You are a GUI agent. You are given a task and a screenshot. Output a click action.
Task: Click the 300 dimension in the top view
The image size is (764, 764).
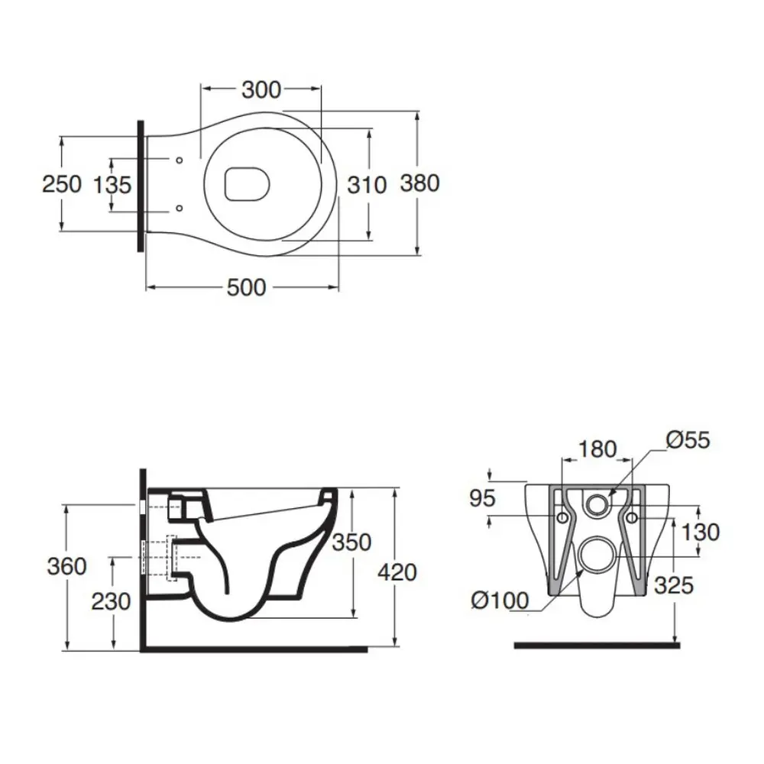[261, 90]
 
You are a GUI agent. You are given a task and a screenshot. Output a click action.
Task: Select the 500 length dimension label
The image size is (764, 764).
[247, 287]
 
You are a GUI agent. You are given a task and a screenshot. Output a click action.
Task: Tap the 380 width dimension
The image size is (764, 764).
[420, 183]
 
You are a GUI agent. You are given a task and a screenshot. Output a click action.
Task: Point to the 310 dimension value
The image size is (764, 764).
[367, 185]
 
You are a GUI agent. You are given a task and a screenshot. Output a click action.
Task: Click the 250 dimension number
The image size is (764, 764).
[62, 184]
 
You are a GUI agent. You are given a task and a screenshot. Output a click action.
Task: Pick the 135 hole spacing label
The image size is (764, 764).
[112, 185]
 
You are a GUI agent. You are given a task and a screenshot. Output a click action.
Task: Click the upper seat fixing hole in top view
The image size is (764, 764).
[179, 160]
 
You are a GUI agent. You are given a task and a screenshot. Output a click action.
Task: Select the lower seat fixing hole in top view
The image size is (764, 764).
[179, 208]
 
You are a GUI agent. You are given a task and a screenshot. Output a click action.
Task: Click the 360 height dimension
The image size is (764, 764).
[66, 566]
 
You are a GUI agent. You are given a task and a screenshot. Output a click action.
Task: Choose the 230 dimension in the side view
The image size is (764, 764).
[111, 602]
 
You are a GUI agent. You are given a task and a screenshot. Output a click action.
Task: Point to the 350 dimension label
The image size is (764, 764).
[351, 542]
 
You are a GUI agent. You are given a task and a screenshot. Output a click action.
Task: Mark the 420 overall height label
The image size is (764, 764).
[397, 572]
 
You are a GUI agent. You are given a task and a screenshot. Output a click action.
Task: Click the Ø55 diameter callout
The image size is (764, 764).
[688, 441]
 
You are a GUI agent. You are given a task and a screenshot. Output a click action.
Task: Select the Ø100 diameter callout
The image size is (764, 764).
[500, 600]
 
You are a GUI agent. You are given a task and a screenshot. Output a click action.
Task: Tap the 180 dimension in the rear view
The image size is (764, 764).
[597, 448]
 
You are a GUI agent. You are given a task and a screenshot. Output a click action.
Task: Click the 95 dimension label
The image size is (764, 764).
[482, 498]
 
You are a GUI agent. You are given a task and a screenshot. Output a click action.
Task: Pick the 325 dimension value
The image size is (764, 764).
[674, 586]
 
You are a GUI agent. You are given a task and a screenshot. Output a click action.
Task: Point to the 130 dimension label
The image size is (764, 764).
[700, 532]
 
